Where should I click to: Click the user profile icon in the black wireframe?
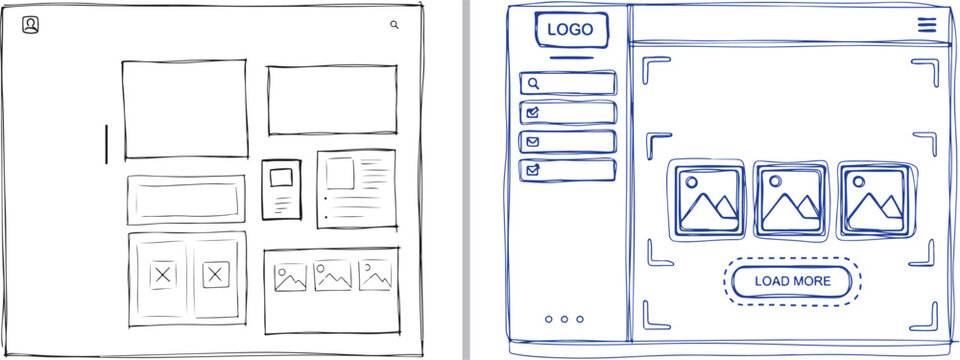tap(31, 25)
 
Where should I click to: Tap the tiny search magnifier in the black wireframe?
tap(394, 25)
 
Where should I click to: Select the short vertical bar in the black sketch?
tap(107, 143)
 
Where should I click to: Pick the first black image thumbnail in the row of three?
tap(290, 277)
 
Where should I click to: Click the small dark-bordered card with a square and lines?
tap(281, 189)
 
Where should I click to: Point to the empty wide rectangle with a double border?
tap(186, 199)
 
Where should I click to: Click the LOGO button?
tap(570, 30)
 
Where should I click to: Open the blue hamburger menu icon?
tap(927, 25)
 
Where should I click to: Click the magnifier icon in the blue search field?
tap(534, 84)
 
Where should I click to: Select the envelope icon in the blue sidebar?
tap(533, 141)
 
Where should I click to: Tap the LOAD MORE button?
tap(792, 281)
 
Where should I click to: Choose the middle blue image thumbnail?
tap(790, 198)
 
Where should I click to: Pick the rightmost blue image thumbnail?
tap(873, 198)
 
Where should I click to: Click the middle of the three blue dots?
tap(565, 319)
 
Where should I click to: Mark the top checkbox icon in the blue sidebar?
tap(533, 112)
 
